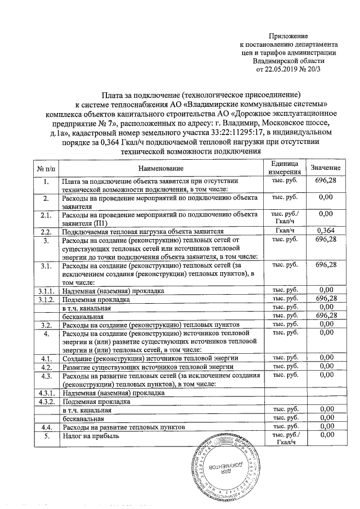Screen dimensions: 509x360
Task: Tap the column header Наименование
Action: point(161,169)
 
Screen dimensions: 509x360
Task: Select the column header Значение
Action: point(325,168)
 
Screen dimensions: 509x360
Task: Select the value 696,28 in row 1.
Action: point(325,181)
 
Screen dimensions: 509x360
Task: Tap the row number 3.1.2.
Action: point(46,299)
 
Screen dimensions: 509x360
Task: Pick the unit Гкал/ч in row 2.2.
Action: point(283,231)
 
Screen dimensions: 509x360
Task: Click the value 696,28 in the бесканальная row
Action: point(325,316)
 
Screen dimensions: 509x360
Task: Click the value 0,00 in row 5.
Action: point(325,435)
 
